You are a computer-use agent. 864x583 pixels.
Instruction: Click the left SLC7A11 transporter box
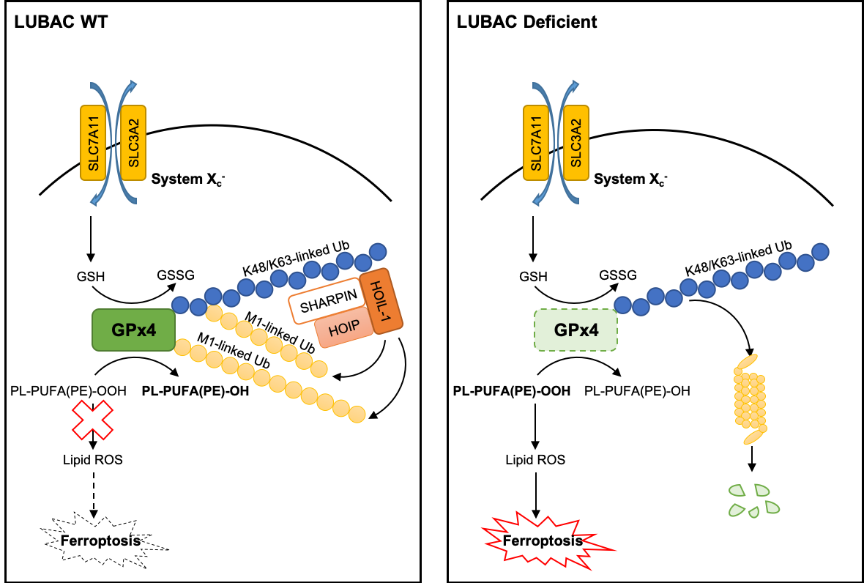point(93,143)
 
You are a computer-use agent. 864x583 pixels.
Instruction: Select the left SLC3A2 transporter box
point(133,143)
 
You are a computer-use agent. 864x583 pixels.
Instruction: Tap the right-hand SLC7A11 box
point(536,143)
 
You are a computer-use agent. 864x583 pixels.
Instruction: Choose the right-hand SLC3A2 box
point(576,143)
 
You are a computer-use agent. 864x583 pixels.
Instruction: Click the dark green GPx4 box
point(134,330)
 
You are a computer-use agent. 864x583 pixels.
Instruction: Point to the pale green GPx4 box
point(576,330)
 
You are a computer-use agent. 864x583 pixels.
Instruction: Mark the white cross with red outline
point(92,420)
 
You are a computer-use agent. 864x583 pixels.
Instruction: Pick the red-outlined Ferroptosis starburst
point(543,541)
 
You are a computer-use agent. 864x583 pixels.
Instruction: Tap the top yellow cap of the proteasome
point(747,362)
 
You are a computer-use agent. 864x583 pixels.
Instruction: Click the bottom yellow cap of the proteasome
point(753,437)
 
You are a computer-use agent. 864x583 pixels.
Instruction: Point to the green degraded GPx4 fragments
point(753,500)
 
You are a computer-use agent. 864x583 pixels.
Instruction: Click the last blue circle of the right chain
point(820,252)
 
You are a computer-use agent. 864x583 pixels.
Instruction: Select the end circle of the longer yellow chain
point(357,415)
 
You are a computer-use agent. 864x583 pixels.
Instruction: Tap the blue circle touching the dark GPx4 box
point(180,304)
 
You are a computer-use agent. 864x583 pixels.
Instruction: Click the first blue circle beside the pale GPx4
point(622,305)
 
